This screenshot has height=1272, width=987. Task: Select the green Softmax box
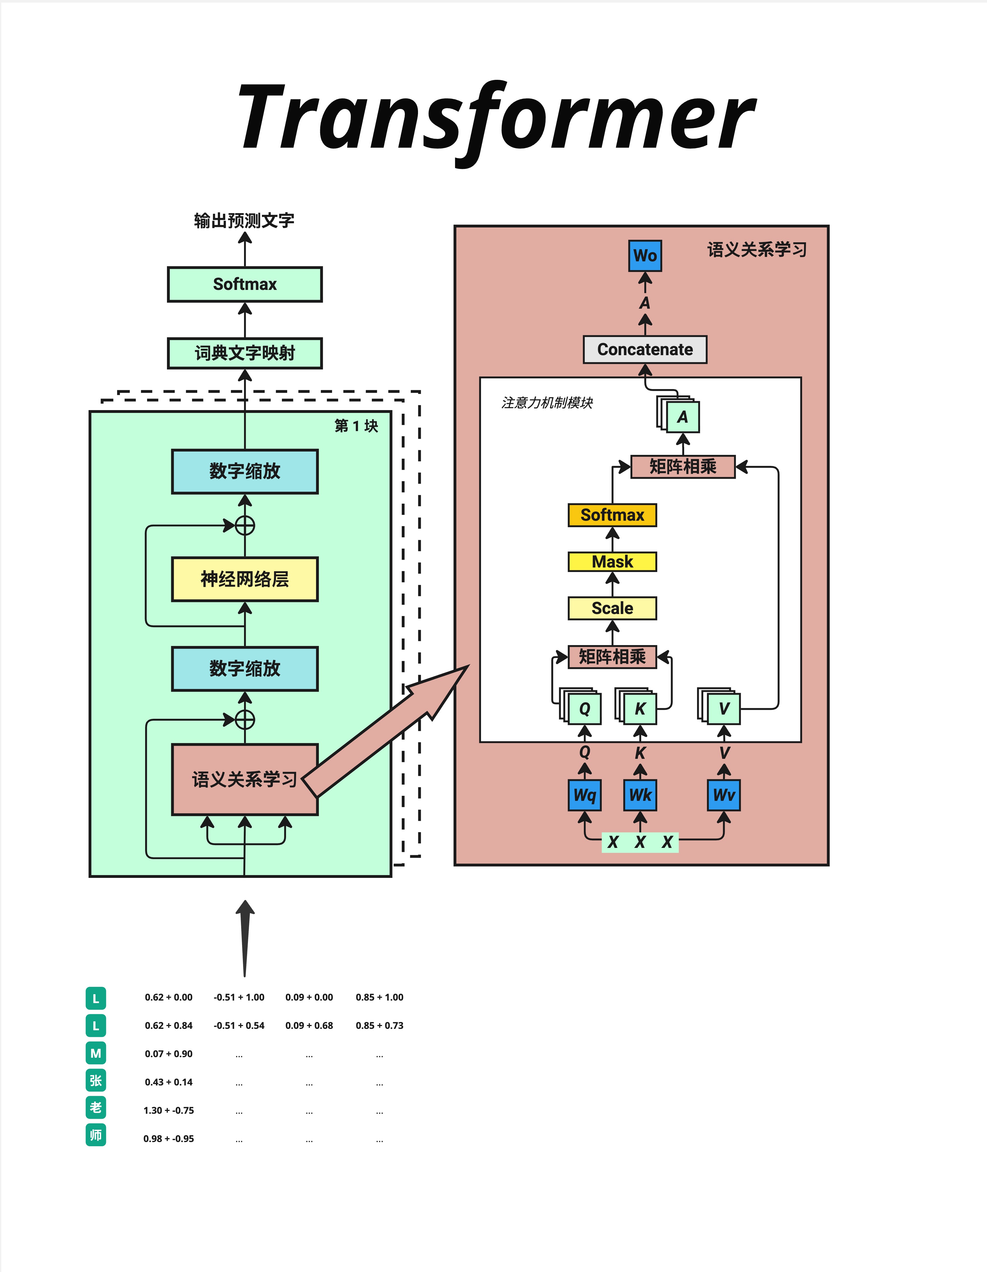(245, 284)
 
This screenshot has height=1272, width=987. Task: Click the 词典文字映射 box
(245, 353)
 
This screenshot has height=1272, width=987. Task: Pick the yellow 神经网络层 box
(245, 579)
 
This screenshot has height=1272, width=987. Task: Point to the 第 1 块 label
(356, 426)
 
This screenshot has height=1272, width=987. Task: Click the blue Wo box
(645, 256)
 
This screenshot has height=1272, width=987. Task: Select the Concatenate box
(645, 350)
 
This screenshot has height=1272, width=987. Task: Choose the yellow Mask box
(612, 561)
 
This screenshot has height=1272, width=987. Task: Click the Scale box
(612, 608)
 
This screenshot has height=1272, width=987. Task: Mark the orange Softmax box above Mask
(612, 515)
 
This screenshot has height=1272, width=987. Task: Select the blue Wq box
(584, 795)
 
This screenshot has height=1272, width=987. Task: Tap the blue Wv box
(724, 795)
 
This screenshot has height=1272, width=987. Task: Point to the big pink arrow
(385, 734)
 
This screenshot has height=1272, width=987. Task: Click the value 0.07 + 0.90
(168, 1054)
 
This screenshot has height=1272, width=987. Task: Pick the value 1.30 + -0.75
(168, 1110)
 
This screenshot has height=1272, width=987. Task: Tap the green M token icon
(96, 1053)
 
